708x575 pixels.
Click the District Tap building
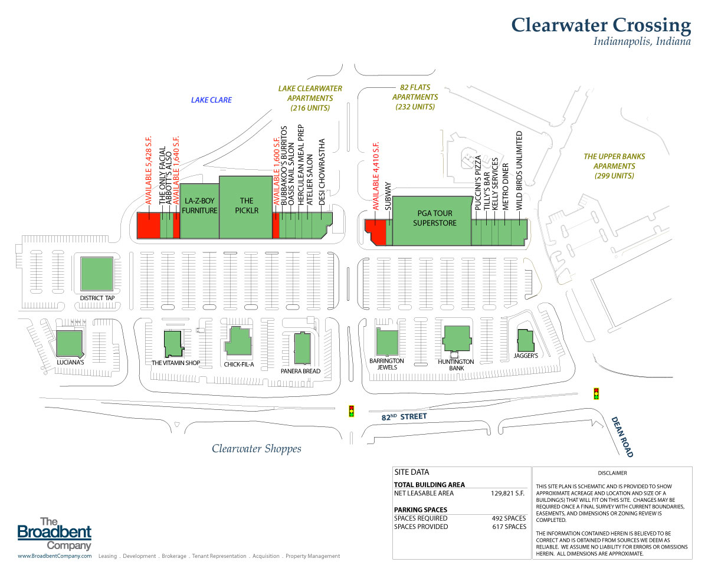coord(97,275)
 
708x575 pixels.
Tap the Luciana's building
coord(69,343)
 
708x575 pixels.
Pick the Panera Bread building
coord(303,349)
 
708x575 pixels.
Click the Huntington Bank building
coord(457,339)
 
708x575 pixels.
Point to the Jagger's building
coord(525,340)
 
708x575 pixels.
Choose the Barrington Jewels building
coord(387,343)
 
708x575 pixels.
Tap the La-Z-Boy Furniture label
coord(200,206)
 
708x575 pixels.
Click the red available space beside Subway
coord(376,231)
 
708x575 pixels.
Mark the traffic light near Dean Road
coord(596,393)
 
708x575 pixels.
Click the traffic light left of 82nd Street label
coord(352,410)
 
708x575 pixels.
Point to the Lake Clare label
coord(211,100)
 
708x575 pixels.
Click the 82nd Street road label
coord(404,417)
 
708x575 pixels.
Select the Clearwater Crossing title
coord(601,25)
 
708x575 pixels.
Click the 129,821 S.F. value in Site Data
coord(508,493)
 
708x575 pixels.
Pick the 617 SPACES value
coord(509,527)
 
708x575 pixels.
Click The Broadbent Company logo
coord(55,534)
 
